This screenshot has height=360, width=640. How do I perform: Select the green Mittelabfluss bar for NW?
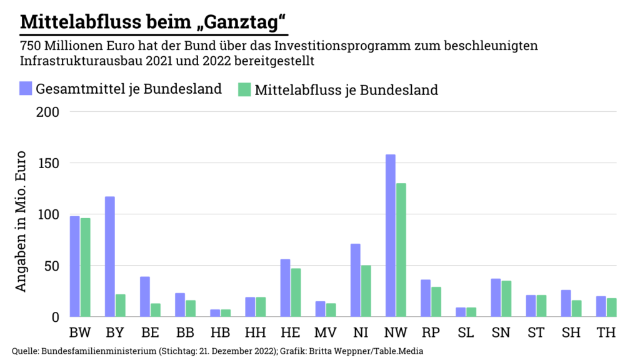point(401,250)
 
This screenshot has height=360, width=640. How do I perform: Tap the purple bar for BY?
point(110,256)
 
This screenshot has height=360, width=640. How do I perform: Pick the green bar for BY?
point(121,305)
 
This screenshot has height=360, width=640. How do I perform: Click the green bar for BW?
point(86,267)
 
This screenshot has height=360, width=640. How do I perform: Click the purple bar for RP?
point(426,297)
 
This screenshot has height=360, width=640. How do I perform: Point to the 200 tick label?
point(48,112)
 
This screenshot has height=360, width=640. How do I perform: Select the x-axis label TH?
point(606,332)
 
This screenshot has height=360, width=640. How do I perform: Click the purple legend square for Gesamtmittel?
point(25,88)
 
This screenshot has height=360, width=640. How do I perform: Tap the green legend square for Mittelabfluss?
point(244,89)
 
